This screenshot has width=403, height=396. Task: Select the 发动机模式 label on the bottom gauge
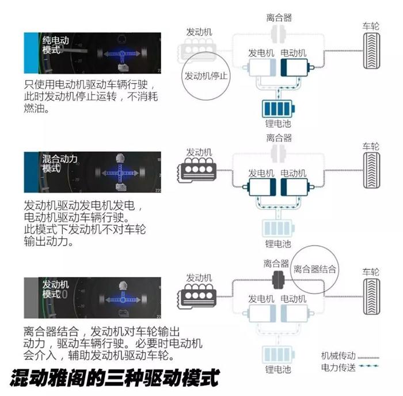(55, 289)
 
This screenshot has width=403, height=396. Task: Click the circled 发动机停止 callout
(205, 76)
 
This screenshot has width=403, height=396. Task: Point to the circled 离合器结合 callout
(315, 269)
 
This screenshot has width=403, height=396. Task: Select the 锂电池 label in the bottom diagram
(278, 369)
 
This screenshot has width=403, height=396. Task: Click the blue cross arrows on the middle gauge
(121, 172)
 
